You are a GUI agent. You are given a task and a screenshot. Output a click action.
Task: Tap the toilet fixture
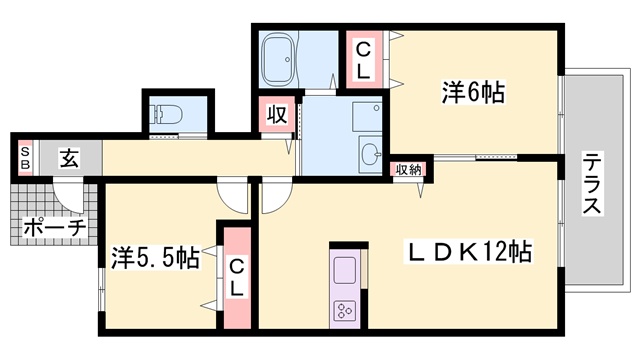(x=167, y=114)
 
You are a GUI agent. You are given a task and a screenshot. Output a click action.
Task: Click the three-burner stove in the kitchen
(x=345, y=311)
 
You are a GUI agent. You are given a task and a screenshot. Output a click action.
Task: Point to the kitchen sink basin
(x=345, y=270)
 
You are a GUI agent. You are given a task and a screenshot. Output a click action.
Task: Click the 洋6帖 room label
(x=473, y=92)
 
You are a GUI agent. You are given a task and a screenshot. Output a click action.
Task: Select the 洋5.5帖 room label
(x=156, y=258)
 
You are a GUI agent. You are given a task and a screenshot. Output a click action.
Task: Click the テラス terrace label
(x=592, y=182)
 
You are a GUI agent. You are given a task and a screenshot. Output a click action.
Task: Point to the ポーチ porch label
(x=54, y=227)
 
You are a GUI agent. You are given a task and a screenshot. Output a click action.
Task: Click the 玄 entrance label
(x=69, y=158)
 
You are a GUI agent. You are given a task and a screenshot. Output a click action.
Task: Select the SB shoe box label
(x=25, y=158)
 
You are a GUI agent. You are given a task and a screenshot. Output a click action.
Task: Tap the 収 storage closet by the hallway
(x=277, y=114)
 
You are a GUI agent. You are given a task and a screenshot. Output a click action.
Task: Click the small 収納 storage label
(x=408, y=169)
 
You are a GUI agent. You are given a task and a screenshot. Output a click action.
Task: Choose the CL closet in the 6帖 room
(x=363, y=61)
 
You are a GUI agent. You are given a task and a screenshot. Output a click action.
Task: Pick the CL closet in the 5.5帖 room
(x=237, y=278)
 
